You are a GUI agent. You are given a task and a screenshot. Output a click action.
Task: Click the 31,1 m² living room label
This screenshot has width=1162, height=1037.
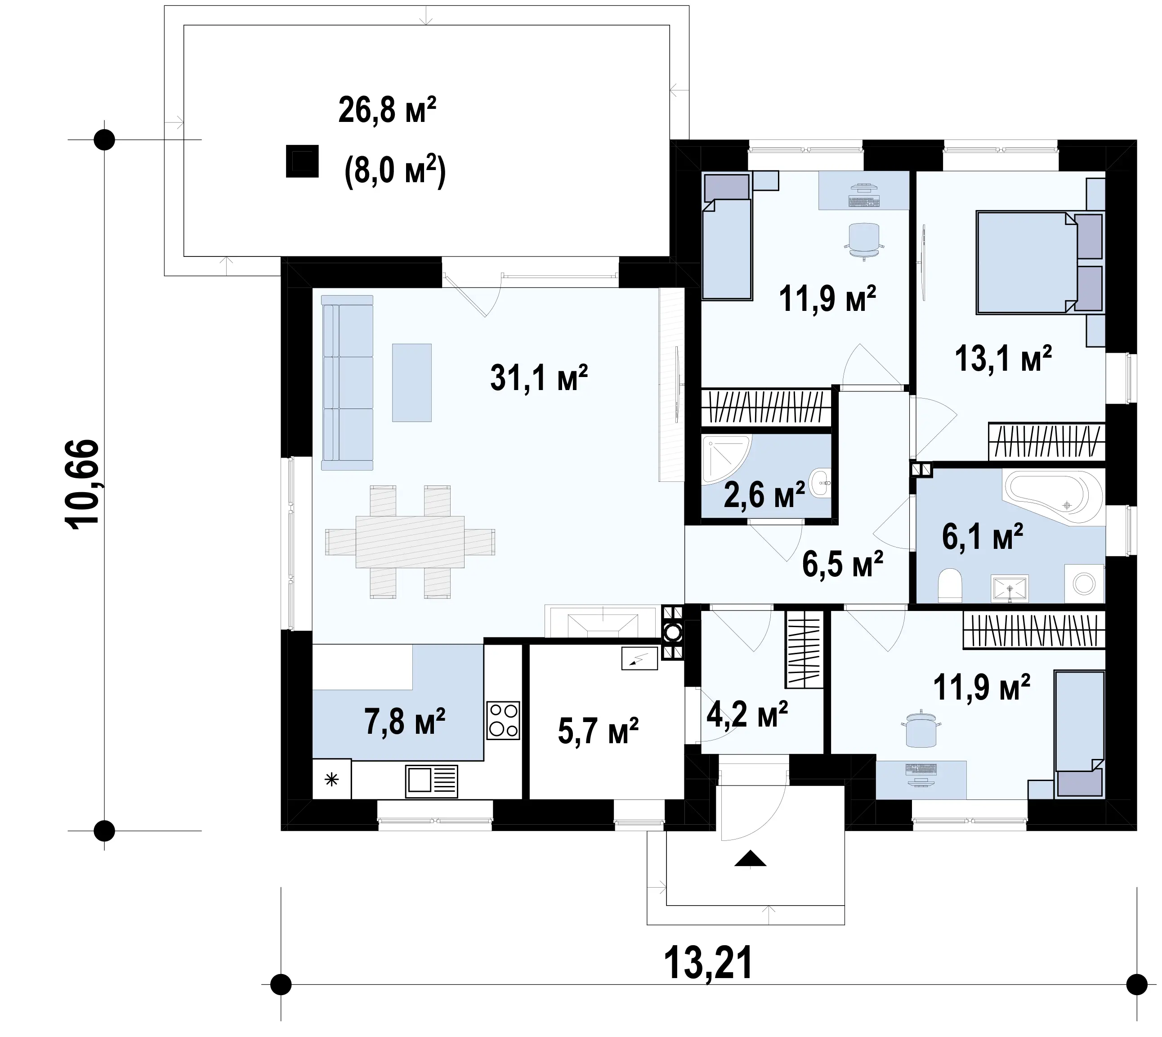point(539,378)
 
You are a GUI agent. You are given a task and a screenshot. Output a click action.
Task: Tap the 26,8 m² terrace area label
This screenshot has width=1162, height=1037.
point(387,110)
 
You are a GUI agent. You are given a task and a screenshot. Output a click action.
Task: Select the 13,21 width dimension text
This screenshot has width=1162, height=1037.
point(708,962)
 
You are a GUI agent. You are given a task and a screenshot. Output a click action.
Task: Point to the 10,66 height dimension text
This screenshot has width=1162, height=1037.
point(83,485)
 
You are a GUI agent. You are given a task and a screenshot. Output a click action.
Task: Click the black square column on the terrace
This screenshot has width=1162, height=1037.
point(302,161)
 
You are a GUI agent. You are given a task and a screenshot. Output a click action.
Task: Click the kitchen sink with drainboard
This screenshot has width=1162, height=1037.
point(432,781)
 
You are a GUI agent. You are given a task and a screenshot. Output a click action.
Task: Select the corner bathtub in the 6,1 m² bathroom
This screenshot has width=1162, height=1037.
point(1054,496)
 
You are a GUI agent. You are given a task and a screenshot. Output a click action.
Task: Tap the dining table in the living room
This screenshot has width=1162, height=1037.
point(410,541)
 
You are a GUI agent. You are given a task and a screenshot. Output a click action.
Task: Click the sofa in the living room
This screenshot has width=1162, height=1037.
point(347,382)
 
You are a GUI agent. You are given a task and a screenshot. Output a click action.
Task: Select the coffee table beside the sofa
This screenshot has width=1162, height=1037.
point(412,382)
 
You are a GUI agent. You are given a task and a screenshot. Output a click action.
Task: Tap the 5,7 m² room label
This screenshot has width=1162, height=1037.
point(598,731)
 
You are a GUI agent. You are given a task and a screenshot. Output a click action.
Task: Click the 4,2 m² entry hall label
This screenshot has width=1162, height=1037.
point(747,714)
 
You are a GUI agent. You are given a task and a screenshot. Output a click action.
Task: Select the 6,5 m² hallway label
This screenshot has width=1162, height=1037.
point(842,564)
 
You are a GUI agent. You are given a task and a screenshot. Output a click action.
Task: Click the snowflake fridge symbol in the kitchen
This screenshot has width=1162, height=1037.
point(331,779)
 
